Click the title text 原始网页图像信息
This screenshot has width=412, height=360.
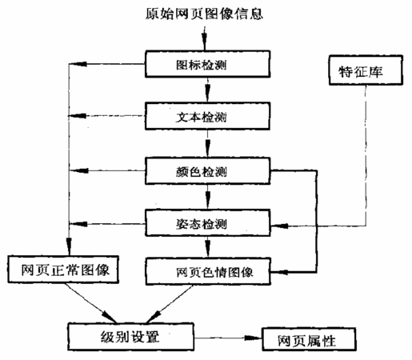pyautogui.click(x=204, y=14)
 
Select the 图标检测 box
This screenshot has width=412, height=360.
pyautogui.click(x=208, y=64)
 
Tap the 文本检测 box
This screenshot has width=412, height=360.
pyautogui.click(x=207, y=116)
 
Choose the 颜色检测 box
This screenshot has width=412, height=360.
pyautogui.click(x=208, y=171)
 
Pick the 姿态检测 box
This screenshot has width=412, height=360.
pyautogui.click(x=208, y=223)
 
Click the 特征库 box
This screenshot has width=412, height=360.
pyautogui.click(x=366, y=70)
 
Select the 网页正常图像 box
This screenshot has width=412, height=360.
pyautogui.click(x=63, y=270)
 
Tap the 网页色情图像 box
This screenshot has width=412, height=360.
pyautogui.click(x=208, y=271)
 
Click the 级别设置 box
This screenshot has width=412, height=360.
pyautogui.click(x=130, y=337)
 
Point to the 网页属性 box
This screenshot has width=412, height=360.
pyautogui.click(x=309, y=339)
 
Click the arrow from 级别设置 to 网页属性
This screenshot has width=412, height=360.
pyautogui.click(x=228, y=338)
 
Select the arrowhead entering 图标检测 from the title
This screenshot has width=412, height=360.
pyautogui.click(x=205, y=43)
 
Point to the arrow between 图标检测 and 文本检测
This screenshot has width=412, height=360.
pyautogui.click(x=208, y=90)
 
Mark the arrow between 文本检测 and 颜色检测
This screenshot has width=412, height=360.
pyautogui.click(x=208, y=144)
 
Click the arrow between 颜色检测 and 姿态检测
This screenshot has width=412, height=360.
pyautogui.click(x=208, y=197)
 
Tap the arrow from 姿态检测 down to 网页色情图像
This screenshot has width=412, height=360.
pyautogui.click(x=208, y=247)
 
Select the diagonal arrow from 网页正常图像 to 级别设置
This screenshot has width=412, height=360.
pyautogui.click(x=91, y=303)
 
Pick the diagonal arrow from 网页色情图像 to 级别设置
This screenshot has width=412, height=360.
pyautogui.click(x=170, y=304)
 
